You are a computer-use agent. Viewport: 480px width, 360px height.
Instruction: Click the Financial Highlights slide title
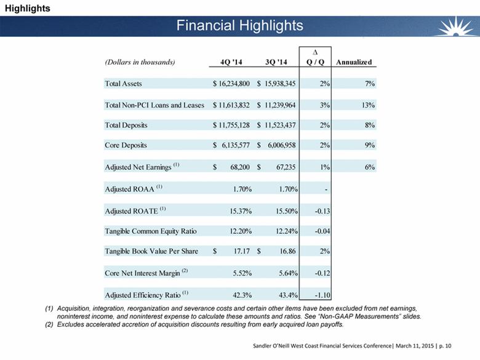tap(239, 25)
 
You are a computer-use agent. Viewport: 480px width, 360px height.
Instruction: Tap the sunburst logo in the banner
tap(459, 26)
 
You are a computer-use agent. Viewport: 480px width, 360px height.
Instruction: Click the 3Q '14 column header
tap(274, 62)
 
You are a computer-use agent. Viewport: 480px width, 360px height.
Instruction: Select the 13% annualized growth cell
tap(369, 105)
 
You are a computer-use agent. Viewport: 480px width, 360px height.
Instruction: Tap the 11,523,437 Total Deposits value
tap(279, 126)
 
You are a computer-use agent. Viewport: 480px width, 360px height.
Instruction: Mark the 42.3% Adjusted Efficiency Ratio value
tap(237, 294)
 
